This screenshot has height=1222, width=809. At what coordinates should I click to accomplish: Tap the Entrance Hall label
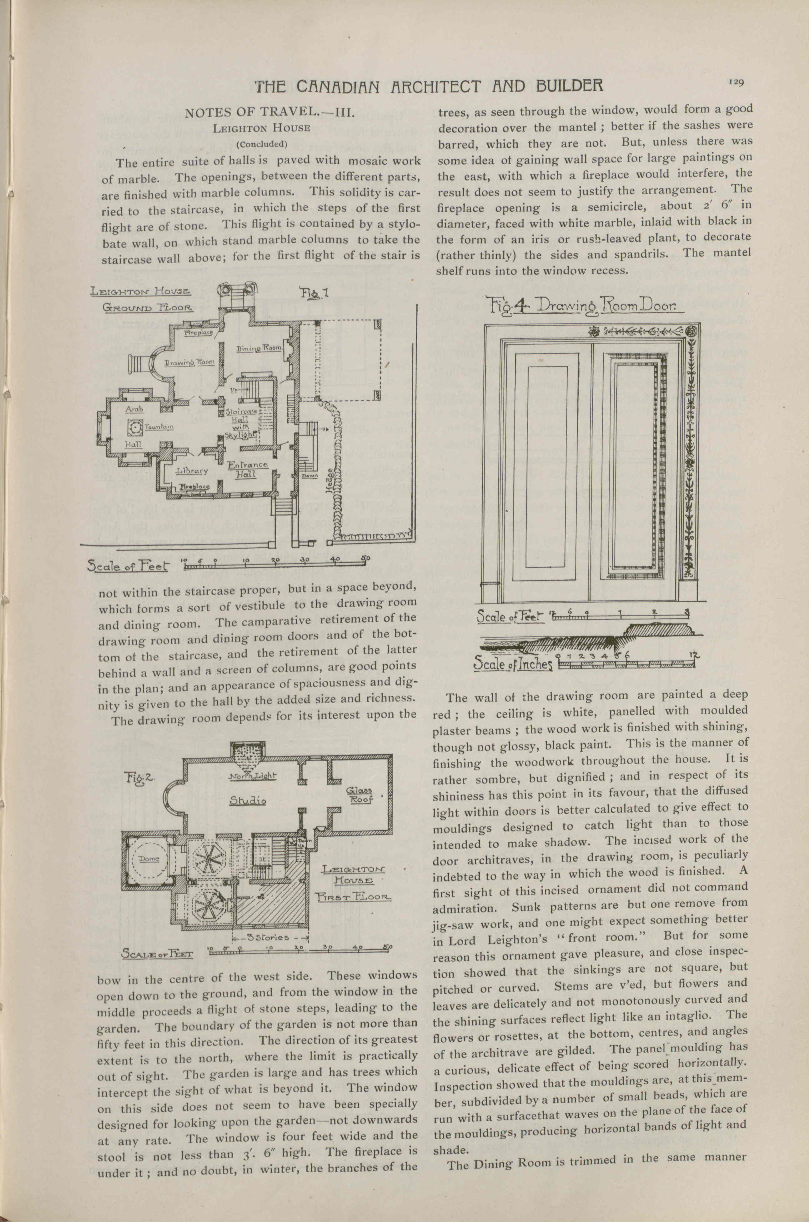248,469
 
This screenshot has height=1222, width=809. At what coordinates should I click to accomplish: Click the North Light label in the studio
253,776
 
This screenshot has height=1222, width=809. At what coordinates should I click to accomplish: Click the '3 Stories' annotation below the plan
268,937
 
